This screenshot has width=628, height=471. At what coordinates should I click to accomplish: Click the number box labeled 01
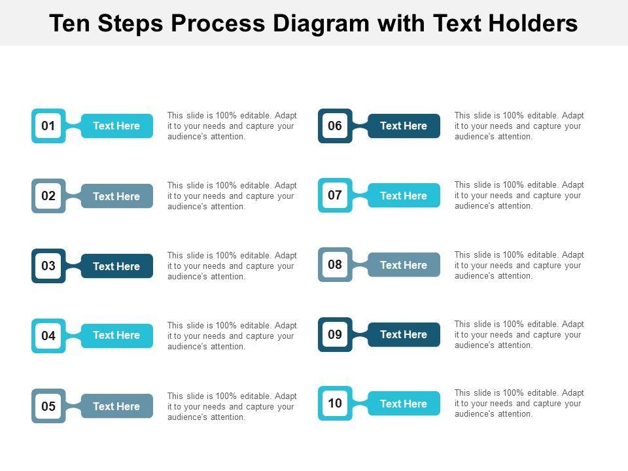click(x=48, y=126)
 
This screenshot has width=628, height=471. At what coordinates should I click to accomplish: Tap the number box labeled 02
click(x=48, y=196)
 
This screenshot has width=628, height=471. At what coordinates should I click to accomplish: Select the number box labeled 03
click(x=48, y=266)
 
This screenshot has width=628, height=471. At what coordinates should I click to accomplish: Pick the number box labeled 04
click(x=48, y=336)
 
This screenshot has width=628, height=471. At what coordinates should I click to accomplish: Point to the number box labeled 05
click(x=48, y=406)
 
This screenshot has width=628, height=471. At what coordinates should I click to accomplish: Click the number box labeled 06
click(x=335, y=126)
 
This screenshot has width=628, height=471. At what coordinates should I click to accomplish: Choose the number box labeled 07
click(x=335, y=195)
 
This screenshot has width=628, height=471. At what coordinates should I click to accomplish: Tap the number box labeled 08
click(x=335, y=264)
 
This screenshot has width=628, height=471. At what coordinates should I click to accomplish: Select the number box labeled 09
click(x=335, y=334)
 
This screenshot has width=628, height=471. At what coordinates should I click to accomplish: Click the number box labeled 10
click(x=335, y=404)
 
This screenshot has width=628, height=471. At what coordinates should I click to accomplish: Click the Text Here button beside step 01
click(x=117, y=126)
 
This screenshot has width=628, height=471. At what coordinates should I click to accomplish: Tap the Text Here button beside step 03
click(x=117, y=266)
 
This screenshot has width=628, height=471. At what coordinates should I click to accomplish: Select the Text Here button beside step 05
click(x=117, y=406)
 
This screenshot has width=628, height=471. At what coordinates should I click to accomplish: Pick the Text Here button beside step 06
click(x=404, y=126)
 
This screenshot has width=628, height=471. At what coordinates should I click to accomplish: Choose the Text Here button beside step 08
click(x=404, y=265)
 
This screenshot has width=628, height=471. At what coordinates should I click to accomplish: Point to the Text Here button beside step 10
click(x=404, y=404)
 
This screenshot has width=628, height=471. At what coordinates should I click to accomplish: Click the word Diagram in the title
click(x=321, y=24)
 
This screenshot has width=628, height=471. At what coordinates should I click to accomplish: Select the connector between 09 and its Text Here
click(x=360, y=334)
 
